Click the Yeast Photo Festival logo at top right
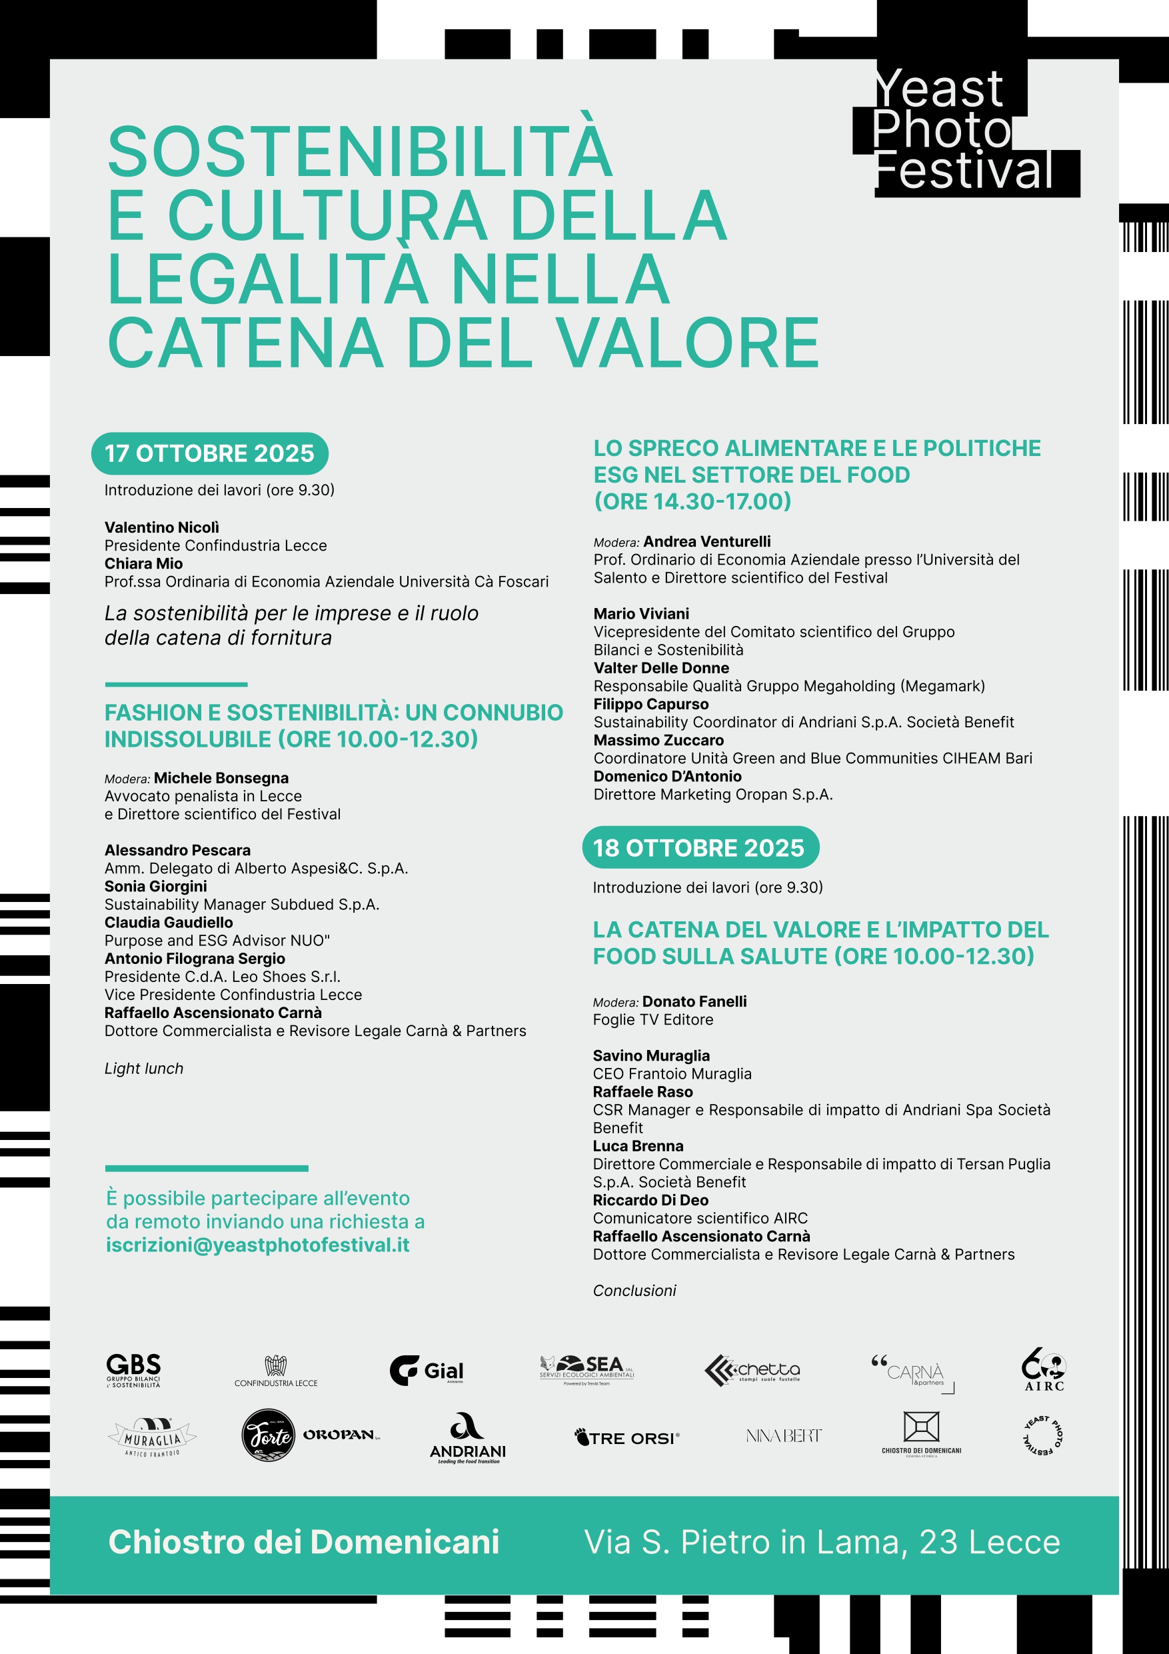pyautogui.click(x=965, y=131)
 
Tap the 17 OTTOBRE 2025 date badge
pyautogui.click(x=209, y=453)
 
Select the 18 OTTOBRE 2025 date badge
pyautogui.click(x=699, y=847)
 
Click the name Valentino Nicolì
pyautogui.click(x=161, y=527)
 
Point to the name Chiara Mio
pyautogui.click(x=143, y=563)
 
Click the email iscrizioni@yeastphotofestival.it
pyautogui.click(x=257, y=1245)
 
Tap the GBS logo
pyautogui.click(x=133, y=1369)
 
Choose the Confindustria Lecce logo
pyautogui.click(x=276, y=1370)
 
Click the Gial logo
pyautogui.click(x=427, y=1369)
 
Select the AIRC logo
pyautogui.click(x=1044, y=1369)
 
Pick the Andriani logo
pyautogui.click(x=467, y=1438)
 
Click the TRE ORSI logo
pyautogui.click(x=626, y=1438)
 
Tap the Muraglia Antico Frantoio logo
pyautogui.click(x=152, y=1437)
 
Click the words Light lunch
pyautogui.click(x=144, y=1068)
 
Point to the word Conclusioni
pyautogui.click(x=634, y=1290)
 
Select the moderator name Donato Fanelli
pyautogui.click(x=694, y=1001)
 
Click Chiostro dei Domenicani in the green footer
pyautogui.click(x=303, y=1541)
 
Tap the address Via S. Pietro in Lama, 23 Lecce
pyautogui.click(x=822, y=1541)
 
